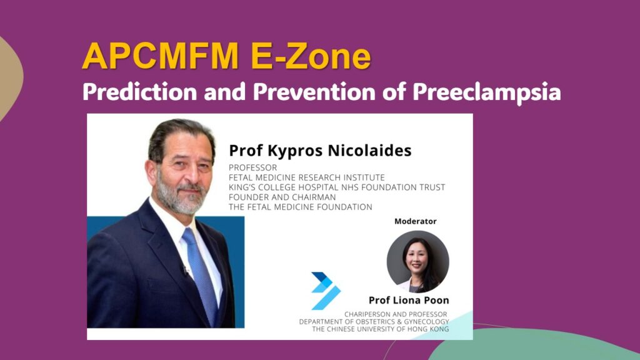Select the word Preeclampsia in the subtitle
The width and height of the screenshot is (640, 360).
tap(486, 92)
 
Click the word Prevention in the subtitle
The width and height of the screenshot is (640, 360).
tap(314, 91)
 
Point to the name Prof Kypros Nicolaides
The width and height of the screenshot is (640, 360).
tap(320, 151)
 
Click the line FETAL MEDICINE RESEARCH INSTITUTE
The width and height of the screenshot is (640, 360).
tap(306, 177)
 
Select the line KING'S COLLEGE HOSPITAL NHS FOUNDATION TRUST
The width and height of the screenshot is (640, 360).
tap(337, 187)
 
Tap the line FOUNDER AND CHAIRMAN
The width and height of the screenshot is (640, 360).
tap(282, 197)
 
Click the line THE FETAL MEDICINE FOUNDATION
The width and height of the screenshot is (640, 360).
tap(301, 207)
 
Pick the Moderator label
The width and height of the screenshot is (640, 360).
tap(415, 221)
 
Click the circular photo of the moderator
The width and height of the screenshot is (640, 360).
tap(418, 262)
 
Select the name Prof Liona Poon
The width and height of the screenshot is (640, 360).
tap(409, 301)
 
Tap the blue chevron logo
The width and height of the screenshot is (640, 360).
tap(326, 291)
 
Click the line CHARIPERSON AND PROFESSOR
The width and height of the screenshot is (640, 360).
tap(396, 314)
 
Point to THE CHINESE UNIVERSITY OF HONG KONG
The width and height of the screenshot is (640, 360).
tap(381, 329)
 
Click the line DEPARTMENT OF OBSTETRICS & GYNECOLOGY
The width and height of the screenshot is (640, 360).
tap(374, 322)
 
